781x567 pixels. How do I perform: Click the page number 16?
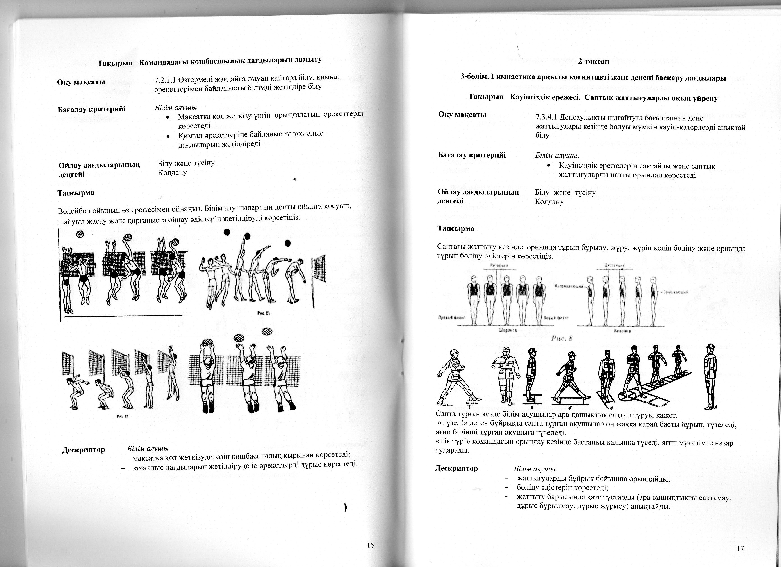370,545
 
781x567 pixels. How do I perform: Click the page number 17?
741,549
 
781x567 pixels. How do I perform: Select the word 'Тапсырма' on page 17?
455,228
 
